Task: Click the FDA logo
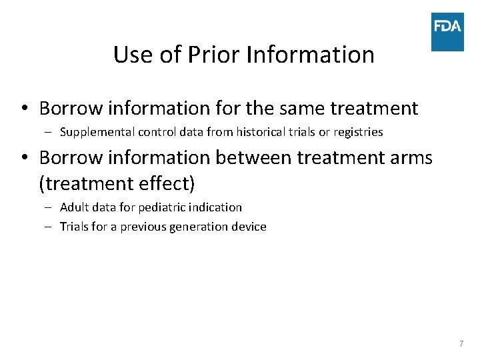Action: (447, 31)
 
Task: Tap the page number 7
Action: (461, 343)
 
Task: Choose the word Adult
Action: (74, 207)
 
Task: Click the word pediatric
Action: (155, 207)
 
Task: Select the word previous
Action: (143, 227)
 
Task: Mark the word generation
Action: (199, 227)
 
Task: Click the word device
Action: (249, 227)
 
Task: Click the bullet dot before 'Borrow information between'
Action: (24, 159)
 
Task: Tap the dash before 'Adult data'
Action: (50, 207)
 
